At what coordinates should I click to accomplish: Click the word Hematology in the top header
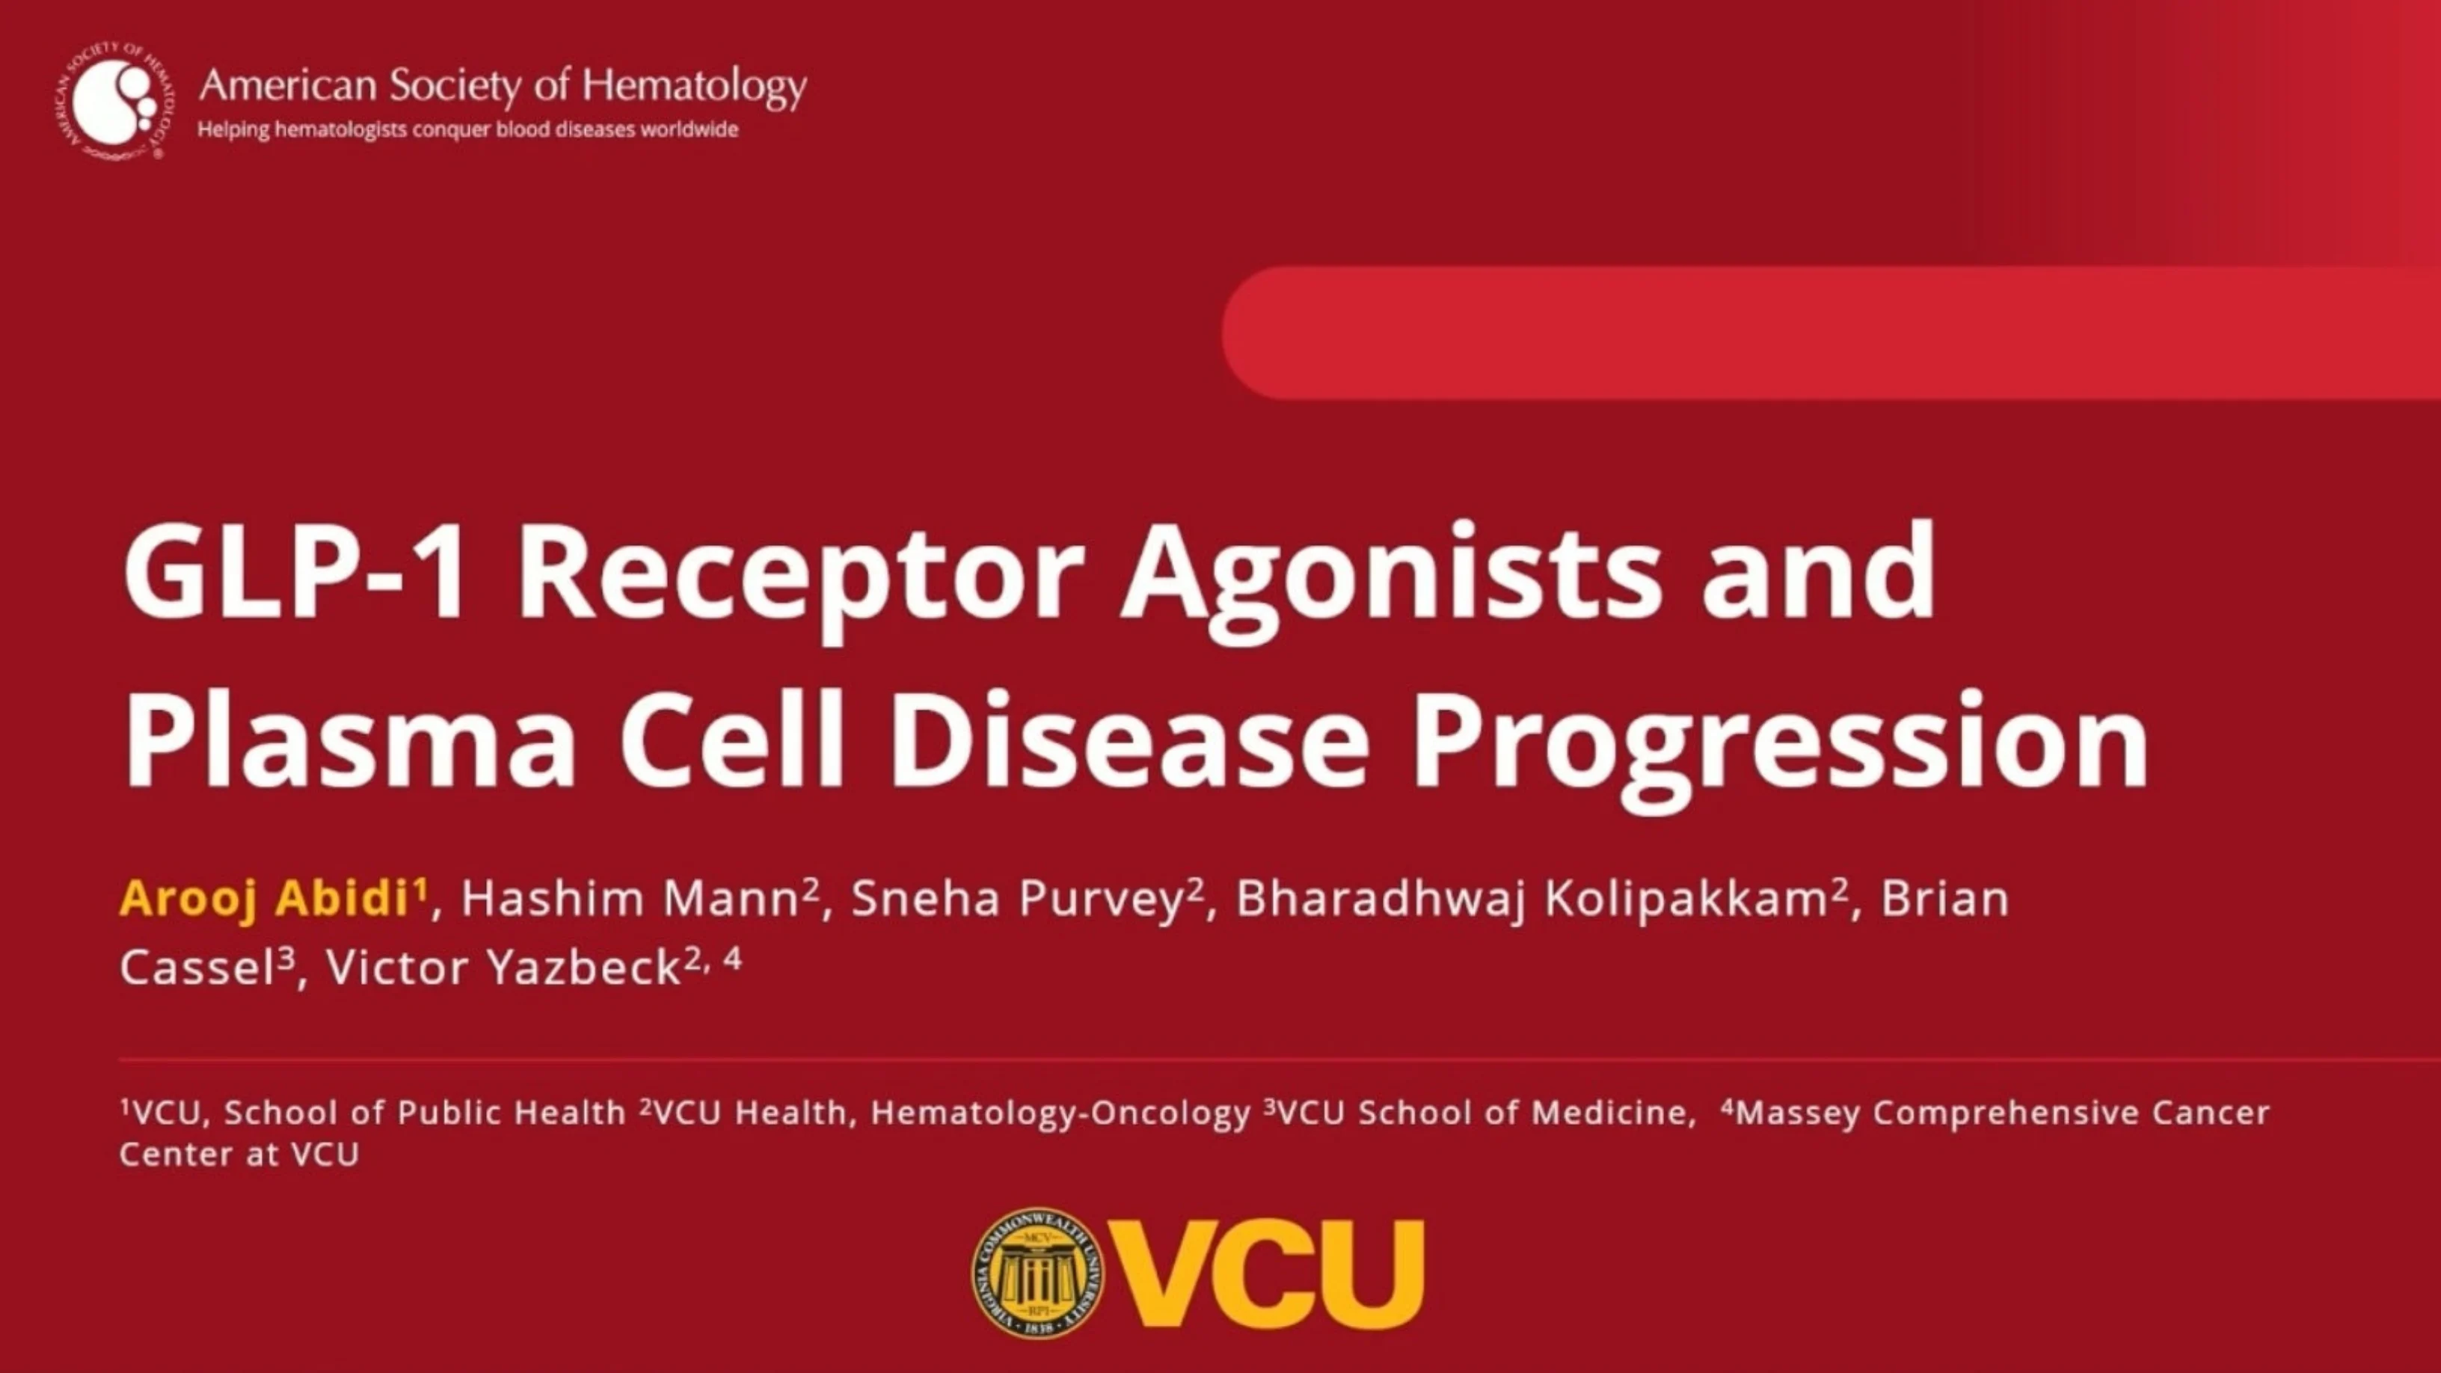[694, 86]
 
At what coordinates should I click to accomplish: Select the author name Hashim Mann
[631, 898]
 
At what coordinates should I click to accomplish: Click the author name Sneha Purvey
[1018, 898]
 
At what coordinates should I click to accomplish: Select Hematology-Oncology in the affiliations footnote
[1060, 1113]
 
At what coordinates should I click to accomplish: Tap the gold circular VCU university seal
[1037, 1274]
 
